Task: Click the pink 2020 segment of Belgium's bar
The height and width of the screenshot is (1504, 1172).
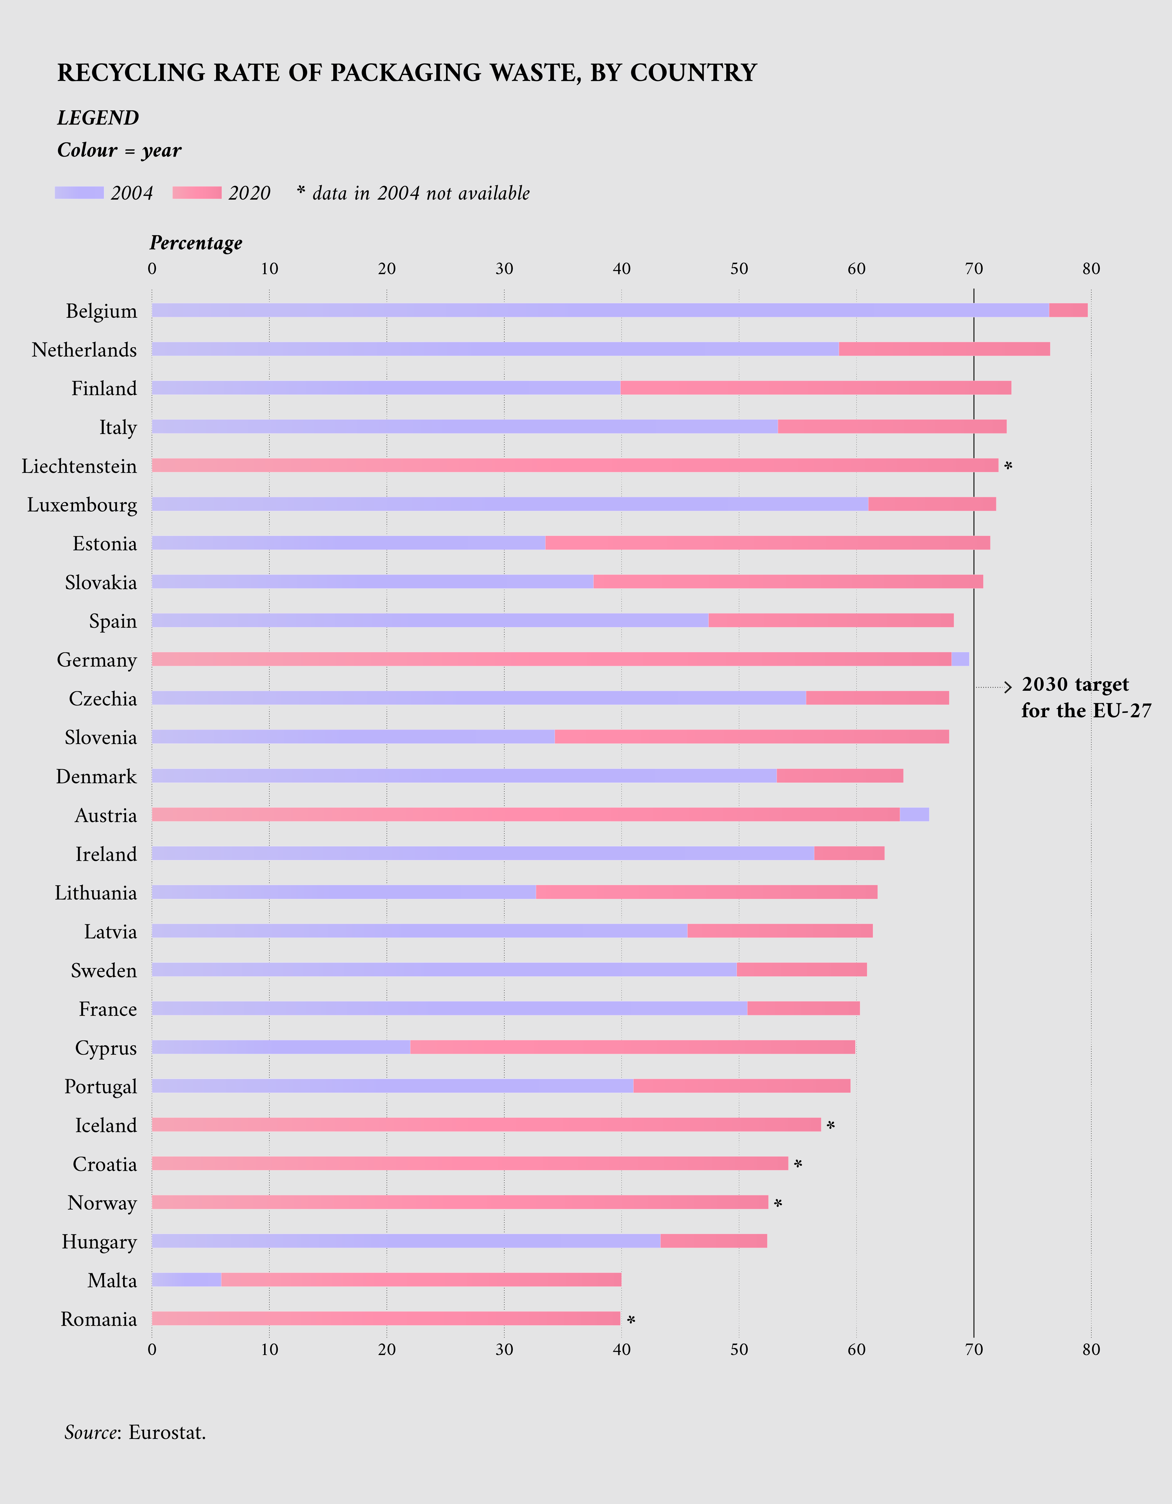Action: (1068, 310)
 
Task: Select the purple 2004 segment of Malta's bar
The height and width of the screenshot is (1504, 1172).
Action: (186, 1280)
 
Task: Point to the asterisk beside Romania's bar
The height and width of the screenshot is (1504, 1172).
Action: (631, 1320)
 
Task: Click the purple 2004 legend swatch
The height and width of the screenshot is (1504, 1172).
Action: (79, 193)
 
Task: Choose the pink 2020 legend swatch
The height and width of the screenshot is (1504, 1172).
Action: (197, 193)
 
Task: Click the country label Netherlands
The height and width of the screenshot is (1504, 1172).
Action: (84, 350)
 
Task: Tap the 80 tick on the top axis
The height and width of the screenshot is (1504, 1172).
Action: (1091, 269)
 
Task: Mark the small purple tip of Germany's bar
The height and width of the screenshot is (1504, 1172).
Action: (960, 659)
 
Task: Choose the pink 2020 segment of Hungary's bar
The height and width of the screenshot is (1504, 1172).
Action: (713, 1241)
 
